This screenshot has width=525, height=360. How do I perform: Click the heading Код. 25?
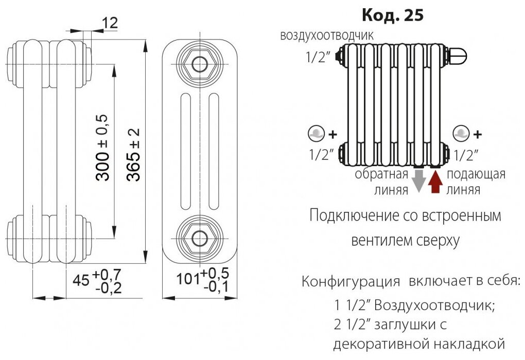click(x=393, y=15)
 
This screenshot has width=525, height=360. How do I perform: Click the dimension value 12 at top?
click(x=110, y=22)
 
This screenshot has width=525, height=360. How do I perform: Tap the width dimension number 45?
click(x=81, y=280)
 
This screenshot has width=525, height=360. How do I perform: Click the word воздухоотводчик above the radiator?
click(x=327, y=36)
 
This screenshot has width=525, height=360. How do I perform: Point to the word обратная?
click(x=381, y=174)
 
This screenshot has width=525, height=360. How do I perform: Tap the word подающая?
click(x=476, y=174)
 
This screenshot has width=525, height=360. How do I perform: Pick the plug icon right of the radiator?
click(x=460, y=134)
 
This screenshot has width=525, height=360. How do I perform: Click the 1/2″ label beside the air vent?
click(x=317, y=58)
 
